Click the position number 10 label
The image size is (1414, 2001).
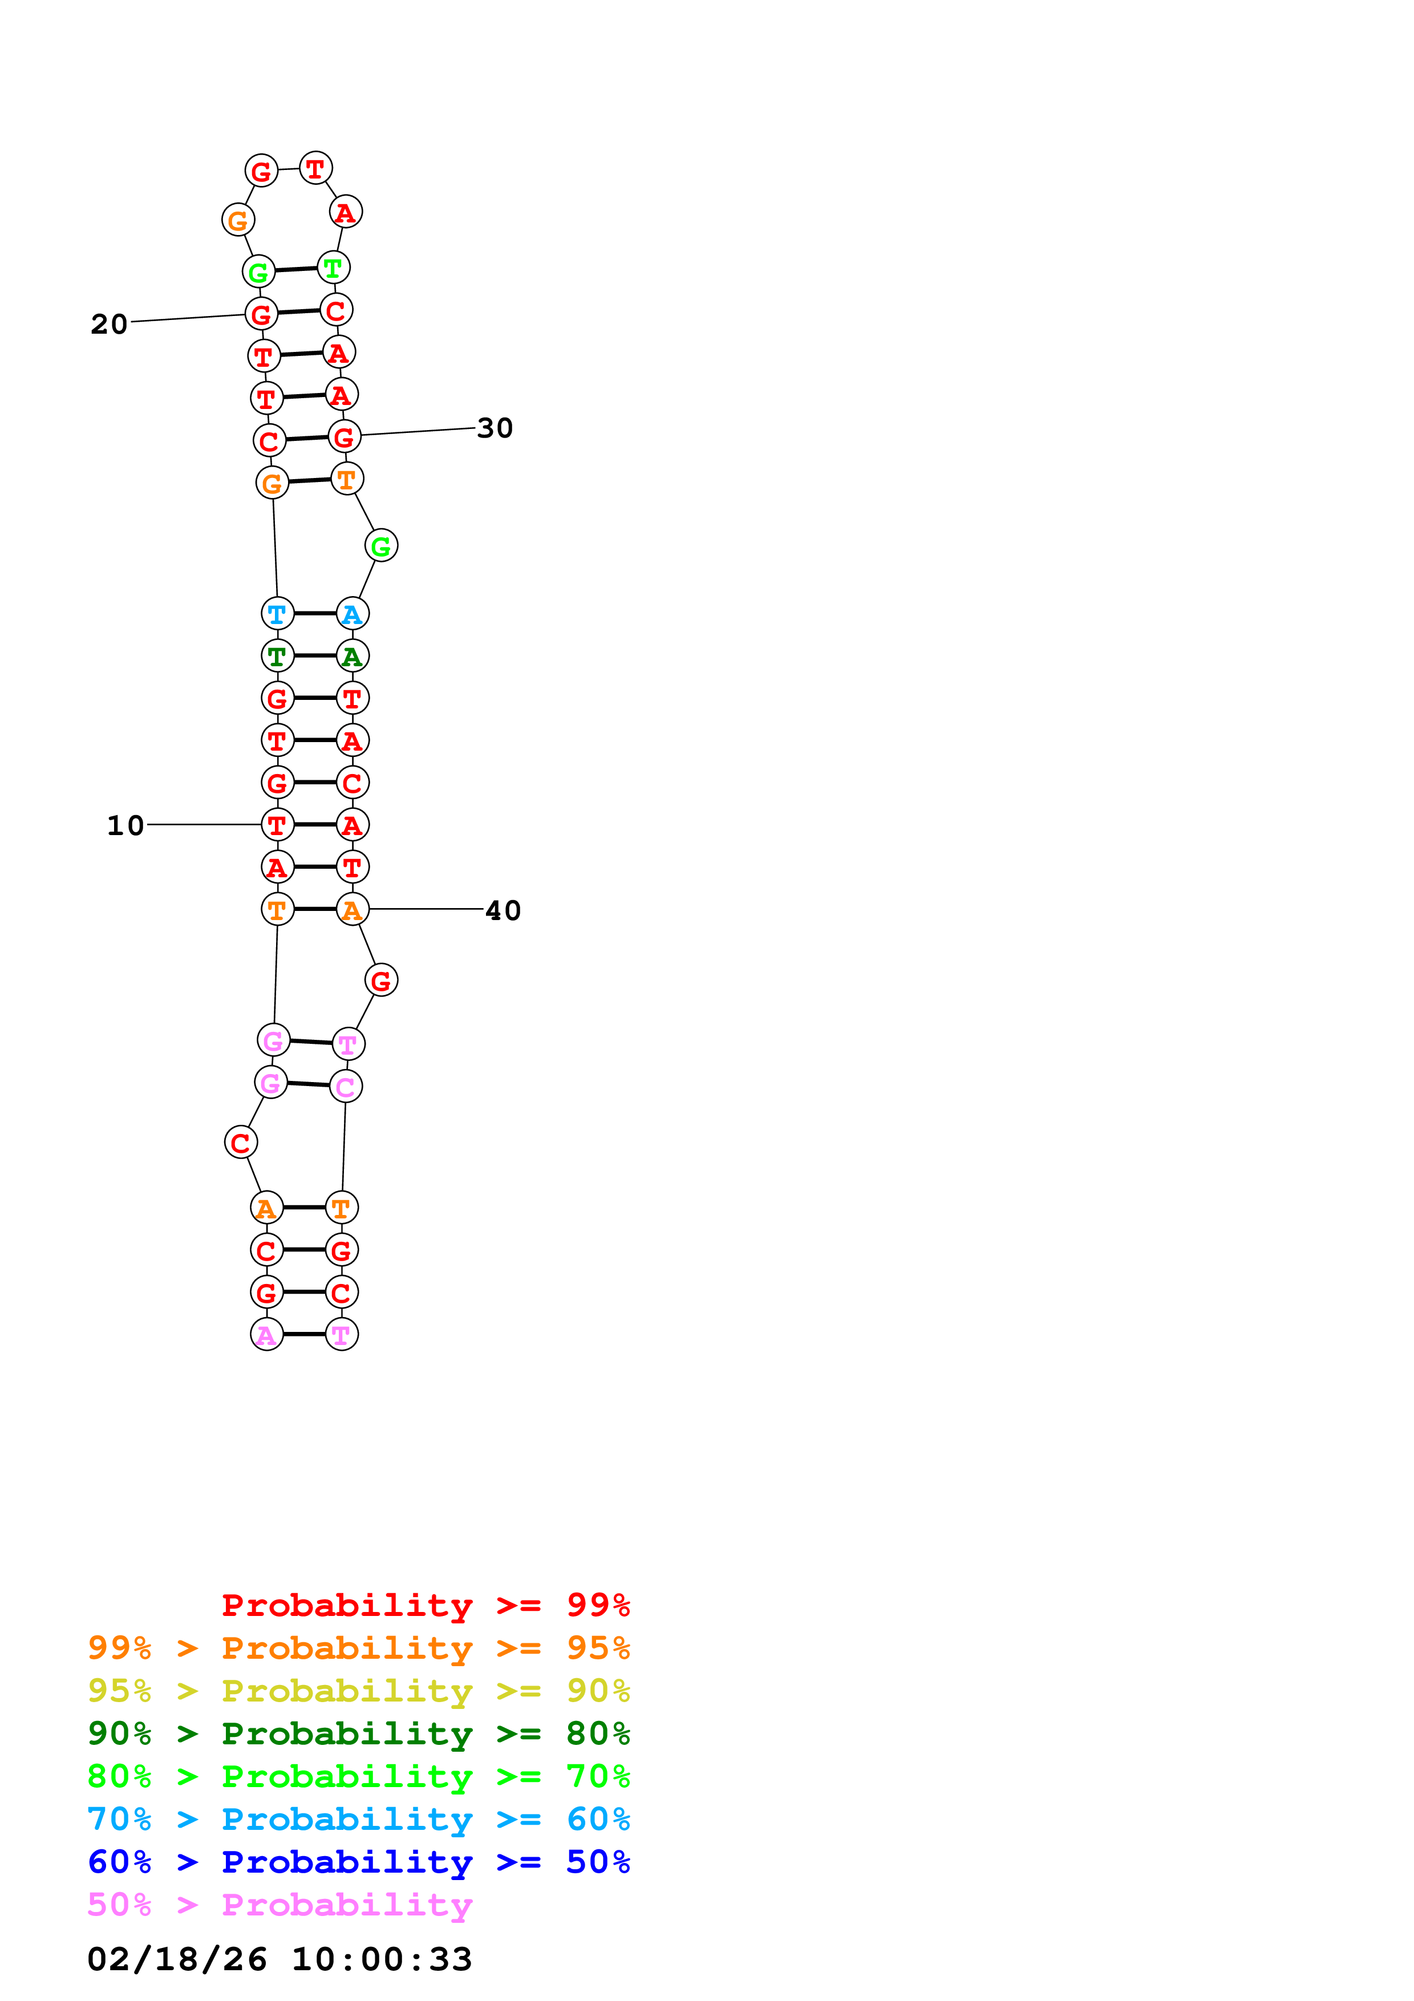pos(125,825)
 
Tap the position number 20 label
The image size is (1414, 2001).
pos(109,324)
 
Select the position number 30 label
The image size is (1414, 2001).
pos(495,428)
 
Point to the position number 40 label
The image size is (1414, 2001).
pos(503,911)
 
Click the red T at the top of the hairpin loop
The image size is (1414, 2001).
pos(315,168)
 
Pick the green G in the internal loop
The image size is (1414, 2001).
pos(380,546)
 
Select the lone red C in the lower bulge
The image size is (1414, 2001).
pos(241,1143)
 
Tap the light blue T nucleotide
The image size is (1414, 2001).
pos(277,614)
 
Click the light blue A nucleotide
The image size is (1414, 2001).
pos(352,614)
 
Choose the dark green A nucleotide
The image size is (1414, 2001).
pos(352,656)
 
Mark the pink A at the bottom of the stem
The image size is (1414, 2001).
pos(266,1334)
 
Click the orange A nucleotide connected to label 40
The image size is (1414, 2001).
pos(352,910)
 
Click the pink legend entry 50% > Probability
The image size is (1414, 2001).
pos(279,1905)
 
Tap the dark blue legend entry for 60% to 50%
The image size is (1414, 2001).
pos(358,1862)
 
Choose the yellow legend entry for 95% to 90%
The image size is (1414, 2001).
pos(358,1691)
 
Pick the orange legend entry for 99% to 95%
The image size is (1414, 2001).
pos(358,1648)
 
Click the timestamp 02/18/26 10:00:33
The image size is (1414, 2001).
pos(279,1959)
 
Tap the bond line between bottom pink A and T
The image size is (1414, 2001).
pos(304,1334)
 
